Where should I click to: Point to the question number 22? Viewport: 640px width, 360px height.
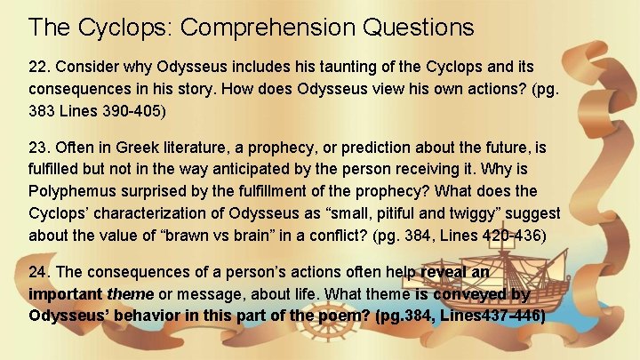point(39,68)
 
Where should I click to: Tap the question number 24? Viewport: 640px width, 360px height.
point(39,273)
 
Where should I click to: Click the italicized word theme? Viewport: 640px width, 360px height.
point(129,294)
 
